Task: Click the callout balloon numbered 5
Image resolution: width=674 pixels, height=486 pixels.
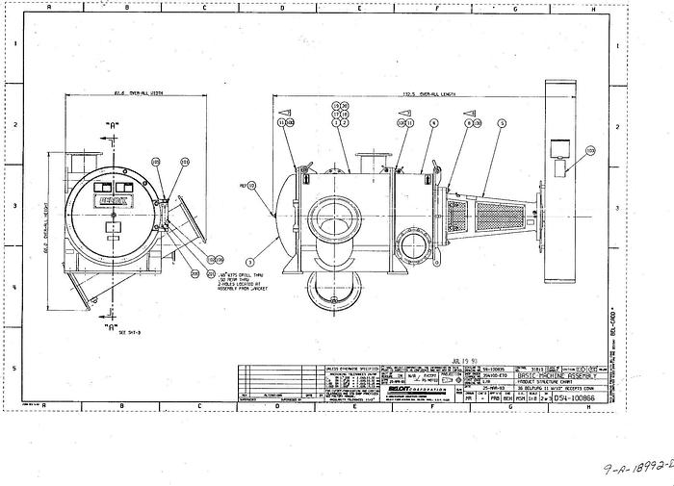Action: pyautogui.click(x=501, y=124)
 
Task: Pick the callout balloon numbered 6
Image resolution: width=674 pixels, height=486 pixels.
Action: pyautogui.click(x=434, y=124)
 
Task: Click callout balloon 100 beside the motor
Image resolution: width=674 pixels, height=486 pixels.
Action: pyautogui.click(x=590, y=151)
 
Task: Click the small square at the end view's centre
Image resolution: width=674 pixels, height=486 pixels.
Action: pyautogui.click(x=113, y=227)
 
